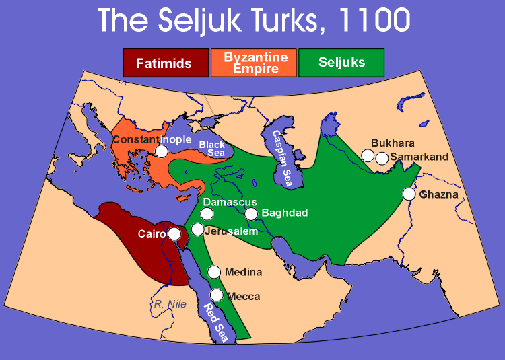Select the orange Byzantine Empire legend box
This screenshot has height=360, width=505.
coord(254,63)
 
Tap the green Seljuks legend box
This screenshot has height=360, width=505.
coord(341,63)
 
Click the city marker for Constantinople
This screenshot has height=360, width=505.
coord(162,151)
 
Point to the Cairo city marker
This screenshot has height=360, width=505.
coord(174,233)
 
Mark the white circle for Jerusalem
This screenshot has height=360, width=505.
coord(197,229)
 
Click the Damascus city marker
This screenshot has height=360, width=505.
coord(207,214)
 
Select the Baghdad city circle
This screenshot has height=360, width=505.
coord(251,214)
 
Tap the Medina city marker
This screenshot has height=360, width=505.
coord(214,272)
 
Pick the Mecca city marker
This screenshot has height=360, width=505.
coord(217,295)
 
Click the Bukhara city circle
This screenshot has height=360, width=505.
coord(368,155)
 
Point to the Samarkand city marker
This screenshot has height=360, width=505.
coord(382,159)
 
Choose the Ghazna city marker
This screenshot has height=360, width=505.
coord(409,194)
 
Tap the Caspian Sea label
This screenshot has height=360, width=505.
coord(282,158)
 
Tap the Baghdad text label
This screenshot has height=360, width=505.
coord(285,213)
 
